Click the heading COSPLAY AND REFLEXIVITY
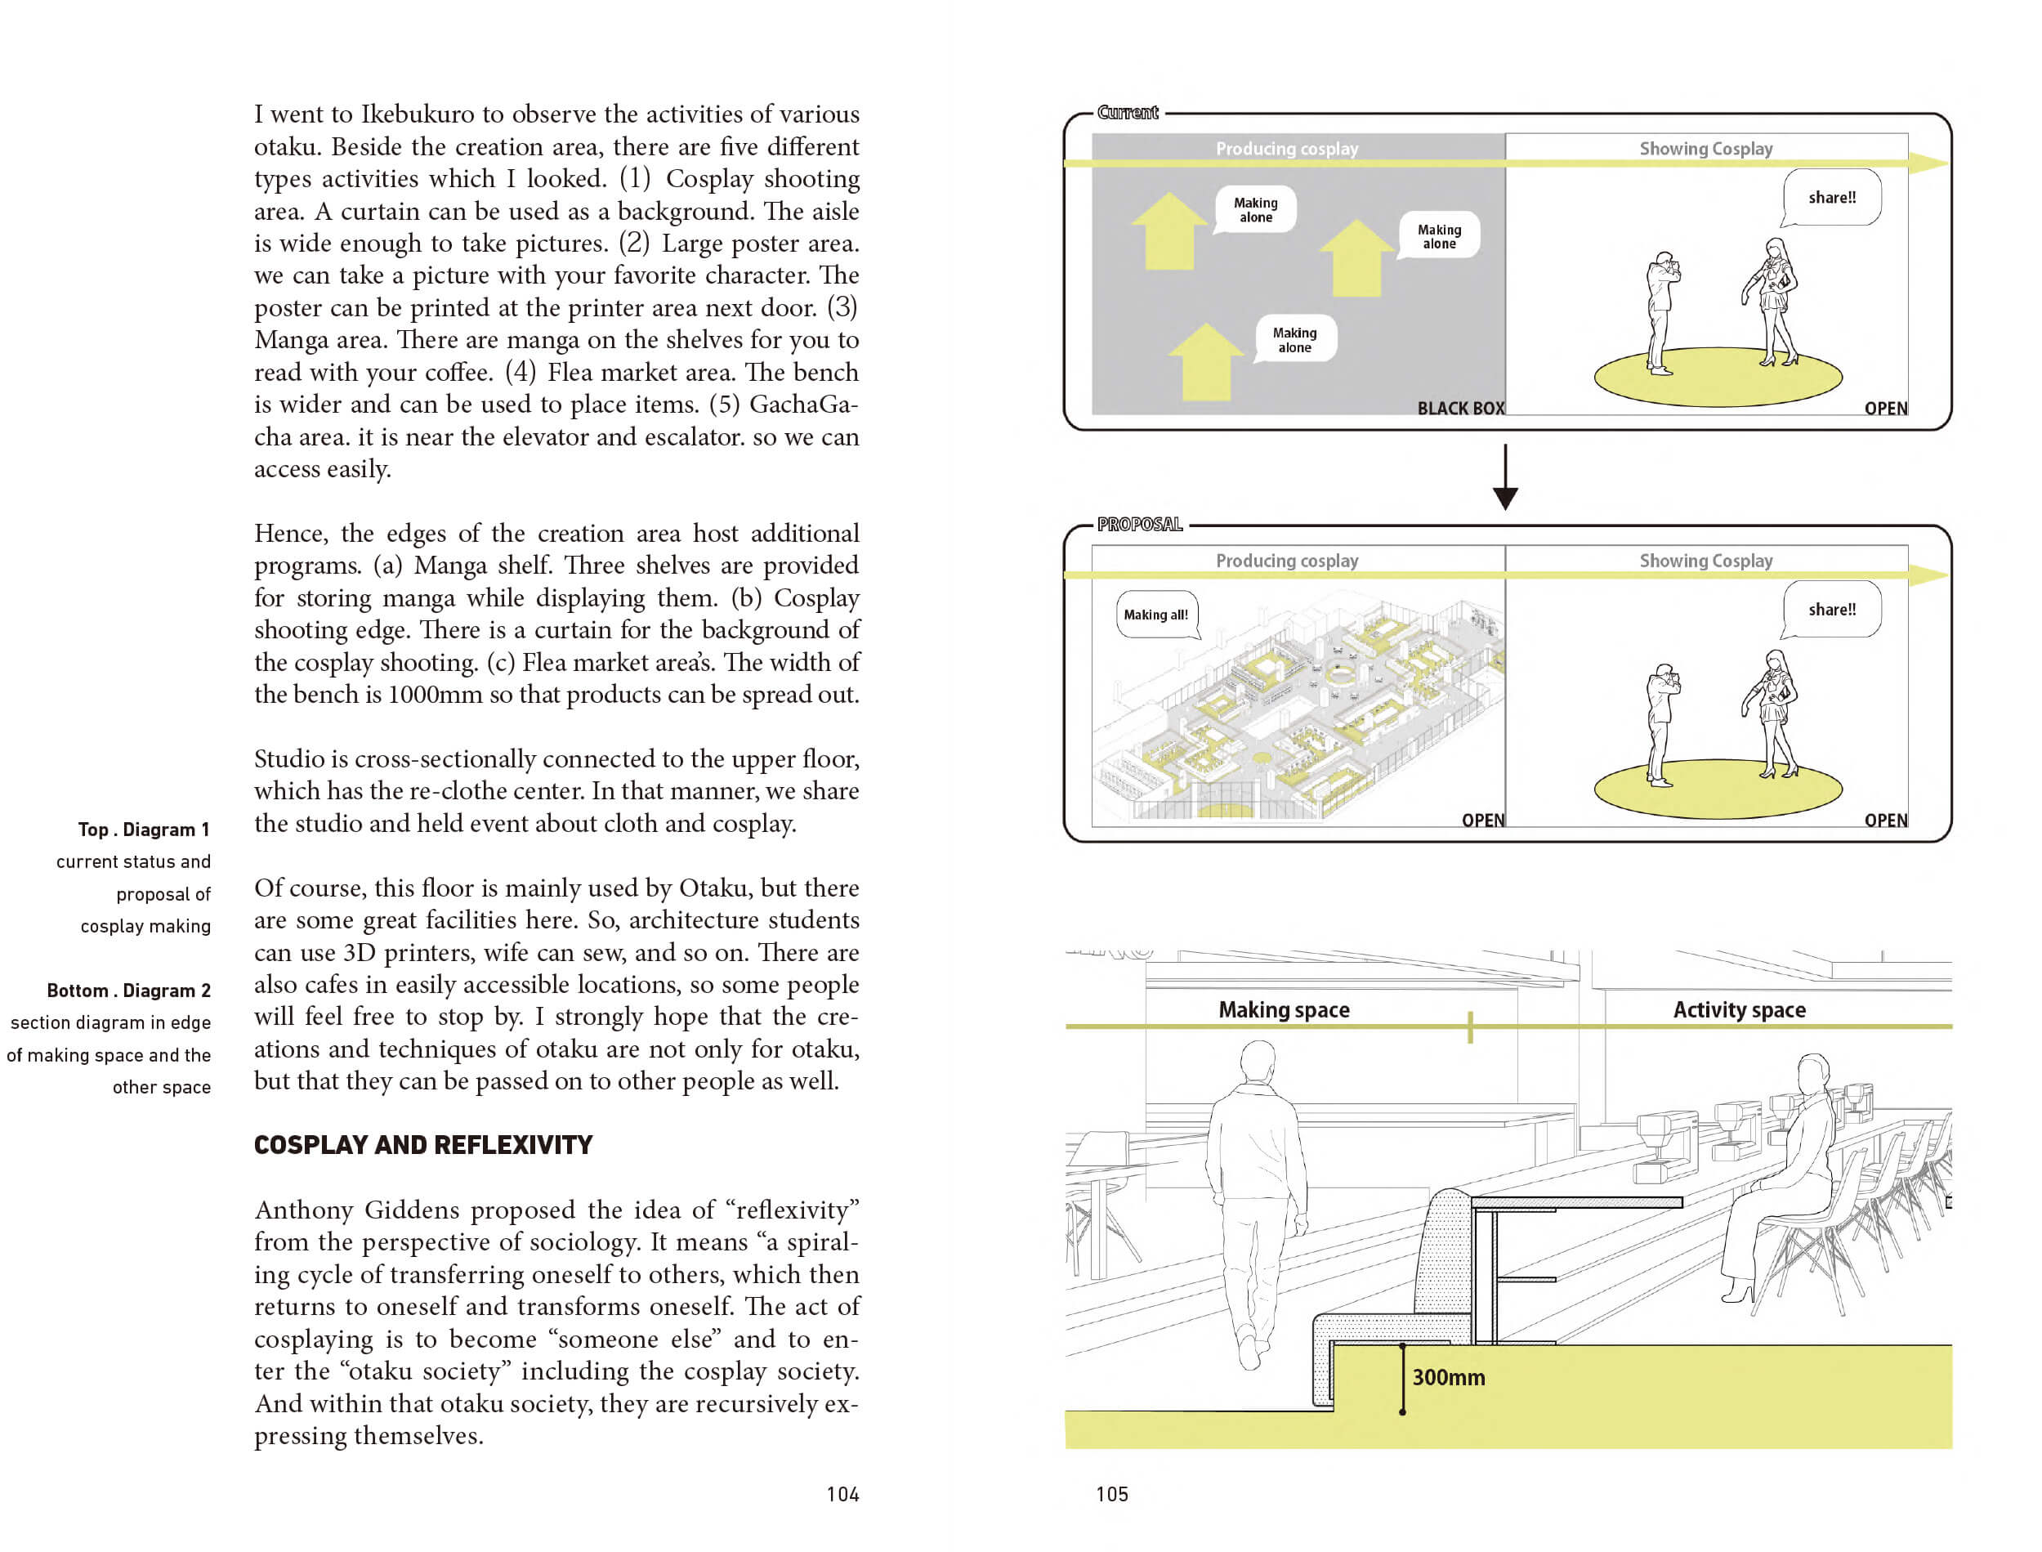coord(423,1145)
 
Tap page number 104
coord(842,1494)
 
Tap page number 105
coord(1112,1494)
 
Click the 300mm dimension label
coord(1448,1377)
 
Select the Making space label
coord(1284,1009)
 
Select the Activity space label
coord(1739,1009)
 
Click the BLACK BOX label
coord(1460,409)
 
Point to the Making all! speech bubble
coord(1157,615)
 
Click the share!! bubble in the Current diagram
coord(1831,198)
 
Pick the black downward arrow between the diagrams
coord(1505,476)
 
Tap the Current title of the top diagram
coord(1128,113)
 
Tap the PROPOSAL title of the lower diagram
coord(1140,525)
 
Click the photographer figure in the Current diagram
coord(1661,313)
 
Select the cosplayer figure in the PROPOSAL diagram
coord(1771,714)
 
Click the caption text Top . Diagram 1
coord(143,830)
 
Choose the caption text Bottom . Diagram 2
coord(128,991)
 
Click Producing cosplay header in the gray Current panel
coord(1286,149)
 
